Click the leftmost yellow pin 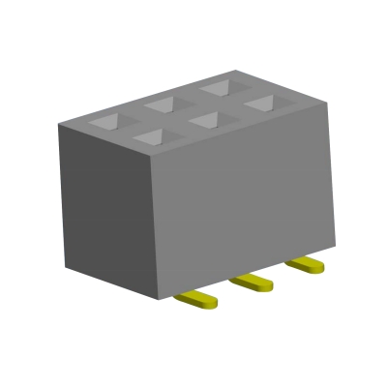pos(196,299)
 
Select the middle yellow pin pos(253,282)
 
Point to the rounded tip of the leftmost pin pos(211,303)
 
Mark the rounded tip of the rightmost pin pos(318,268)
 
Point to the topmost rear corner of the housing pos(235,72)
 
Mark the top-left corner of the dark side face pos(58,124)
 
